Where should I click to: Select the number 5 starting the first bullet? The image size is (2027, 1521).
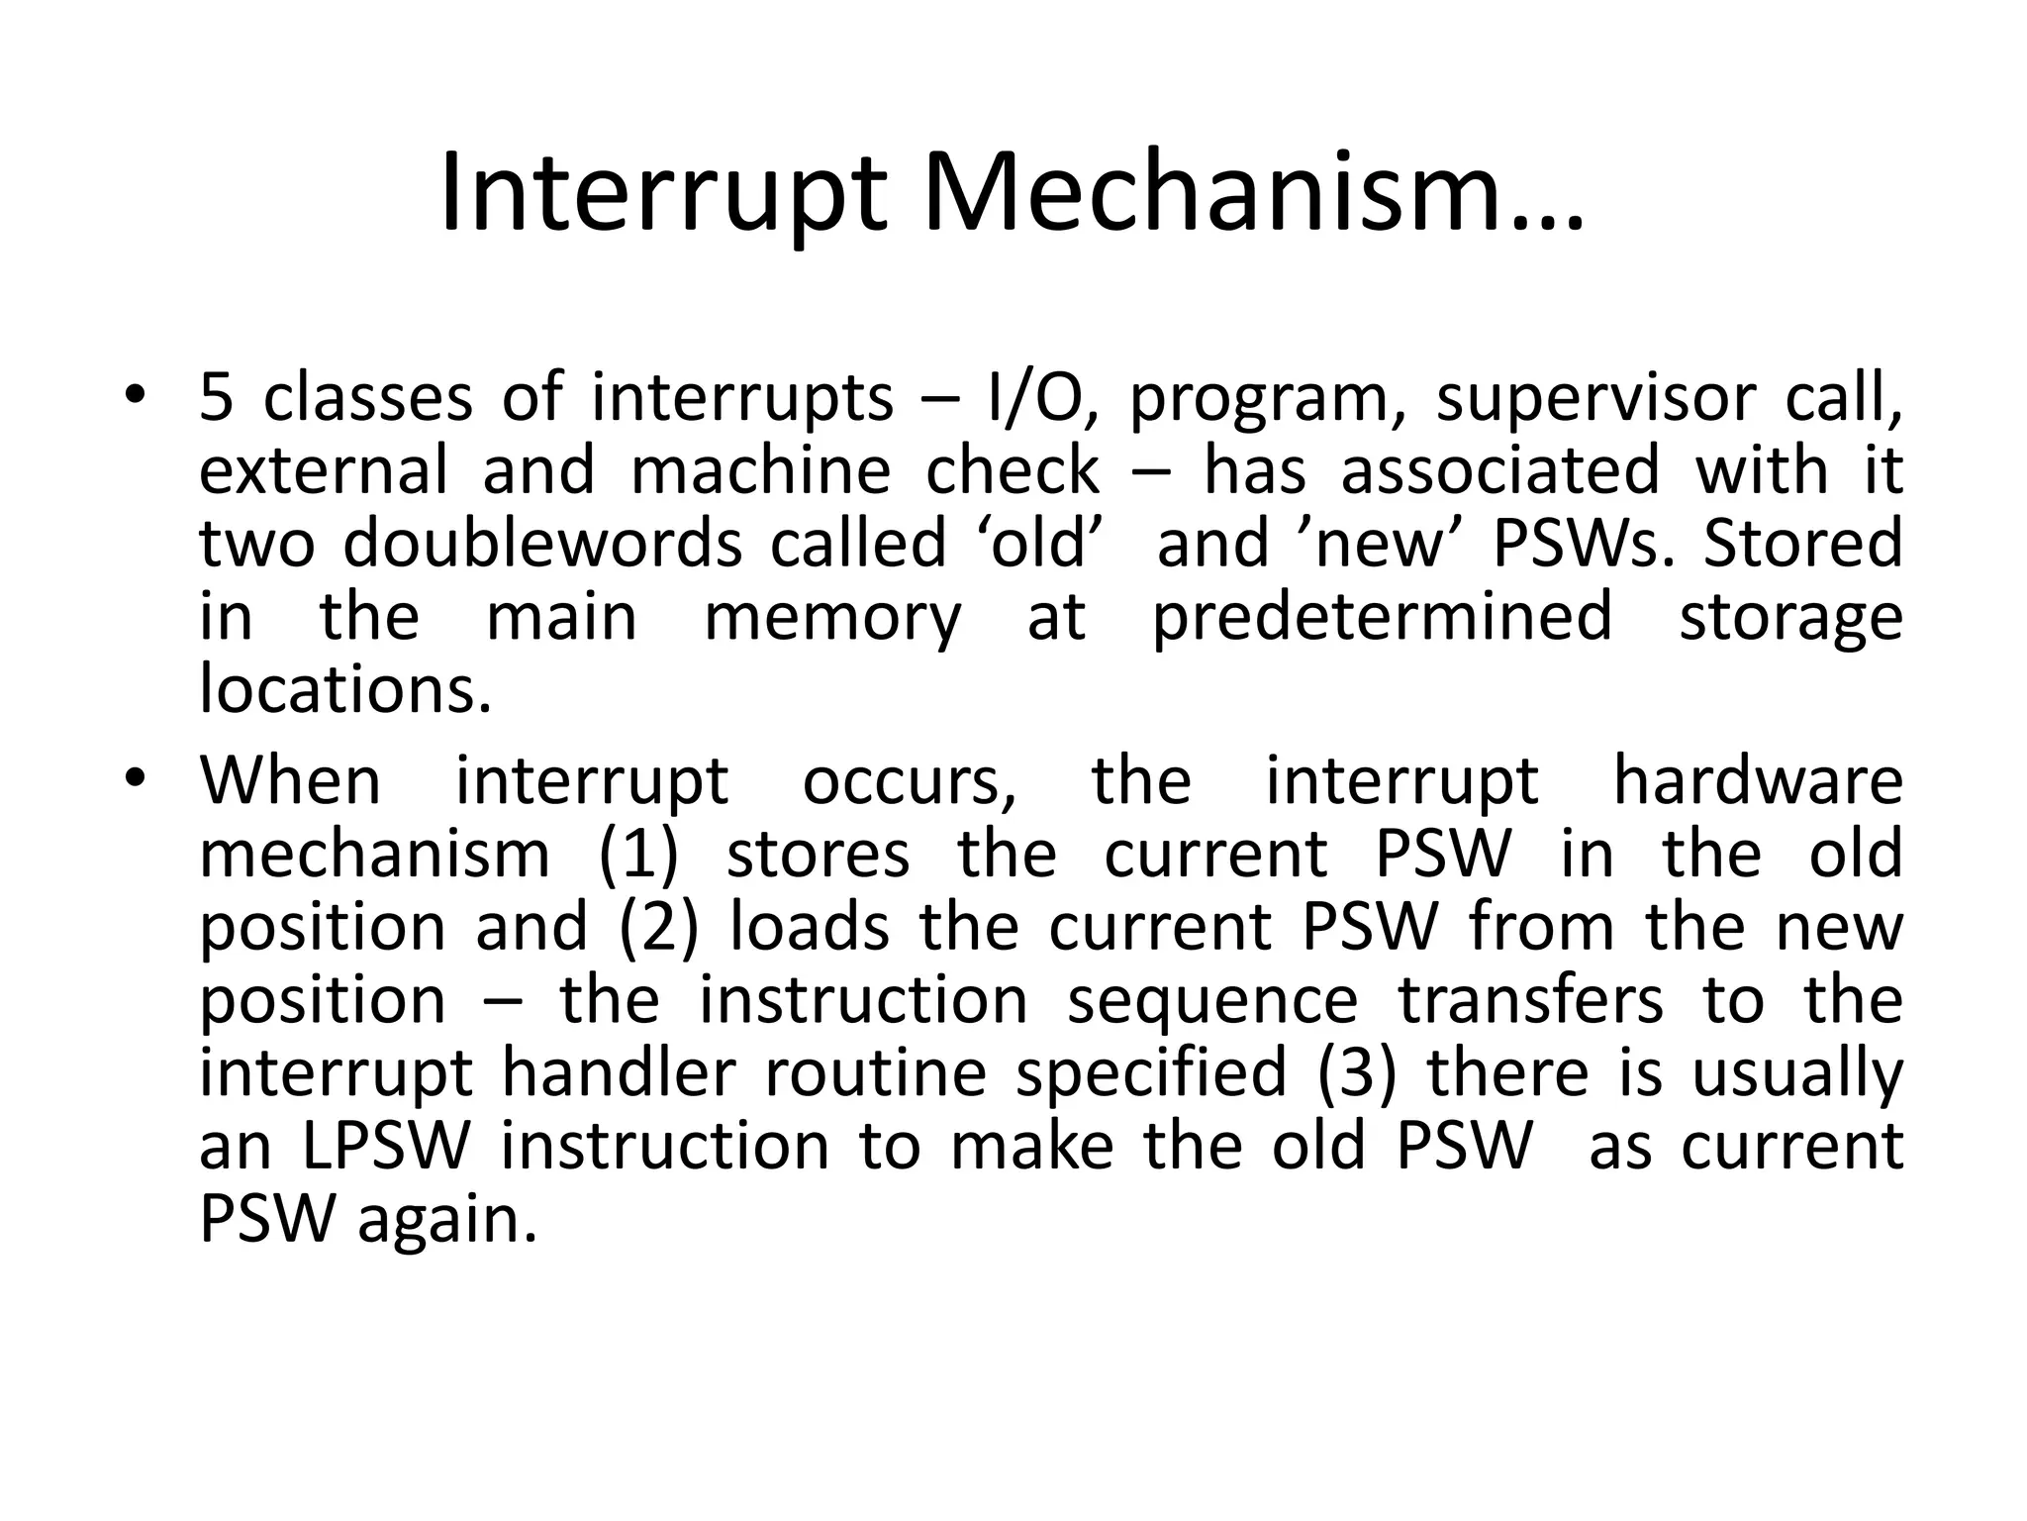[216, 398]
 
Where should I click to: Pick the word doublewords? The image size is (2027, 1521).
[542, 544]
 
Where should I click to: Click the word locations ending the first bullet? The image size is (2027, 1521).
[345, 689]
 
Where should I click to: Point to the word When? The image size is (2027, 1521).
[290, 780]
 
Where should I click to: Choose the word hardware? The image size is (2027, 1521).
[1758, 780]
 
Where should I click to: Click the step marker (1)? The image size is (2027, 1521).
[638, 854]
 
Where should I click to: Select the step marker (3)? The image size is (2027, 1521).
[1357, 1072]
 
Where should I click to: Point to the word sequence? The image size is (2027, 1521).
[1213, 1000]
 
